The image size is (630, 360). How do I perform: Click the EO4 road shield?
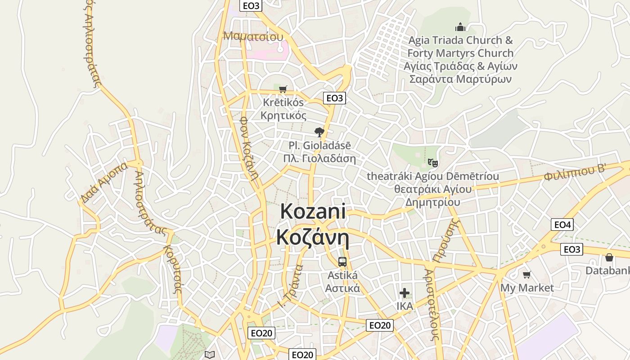[x=562, y=225]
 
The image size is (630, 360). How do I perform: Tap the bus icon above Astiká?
[x=342, y=261]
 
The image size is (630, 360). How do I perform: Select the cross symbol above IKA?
[x=405, y=293]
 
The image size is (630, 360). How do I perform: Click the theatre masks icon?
[x=432, y=162]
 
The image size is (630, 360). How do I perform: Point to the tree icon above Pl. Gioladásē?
[x=319, y=132]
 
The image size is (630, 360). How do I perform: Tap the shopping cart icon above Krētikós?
[x=283, y=89]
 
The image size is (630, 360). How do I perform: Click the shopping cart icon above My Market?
[x=526, y=274]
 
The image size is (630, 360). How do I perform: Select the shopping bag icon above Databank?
[x=609, y=257]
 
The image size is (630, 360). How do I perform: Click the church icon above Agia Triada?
[x=460, y=27]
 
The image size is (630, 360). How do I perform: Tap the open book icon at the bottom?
[x=209, y=355]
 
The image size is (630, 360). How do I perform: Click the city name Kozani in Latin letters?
[x=313, y=211]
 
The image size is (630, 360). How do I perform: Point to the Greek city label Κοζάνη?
[x=313, y=237]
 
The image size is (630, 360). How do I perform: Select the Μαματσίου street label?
[x=253, y=36]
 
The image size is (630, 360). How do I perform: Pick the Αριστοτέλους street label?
[x=432, y=305]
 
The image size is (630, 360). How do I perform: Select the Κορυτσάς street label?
[x=173, y=269]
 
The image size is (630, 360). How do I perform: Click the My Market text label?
[x=527, y=288]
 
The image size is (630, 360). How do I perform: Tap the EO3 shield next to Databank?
[x=571, y=249]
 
